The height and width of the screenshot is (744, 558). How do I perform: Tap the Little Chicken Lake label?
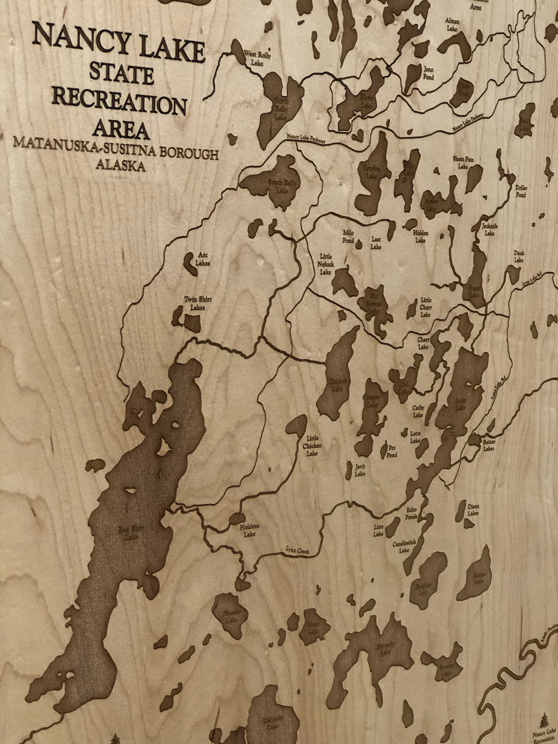tap(312, 446)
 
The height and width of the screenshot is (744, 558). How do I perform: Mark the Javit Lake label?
tap(360, 470)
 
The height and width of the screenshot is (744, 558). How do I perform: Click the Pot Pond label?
tap(392, 451)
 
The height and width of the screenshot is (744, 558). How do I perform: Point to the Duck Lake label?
tap(519, 256)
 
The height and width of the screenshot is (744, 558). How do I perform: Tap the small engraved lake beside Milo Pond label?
tap(359, 244)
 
